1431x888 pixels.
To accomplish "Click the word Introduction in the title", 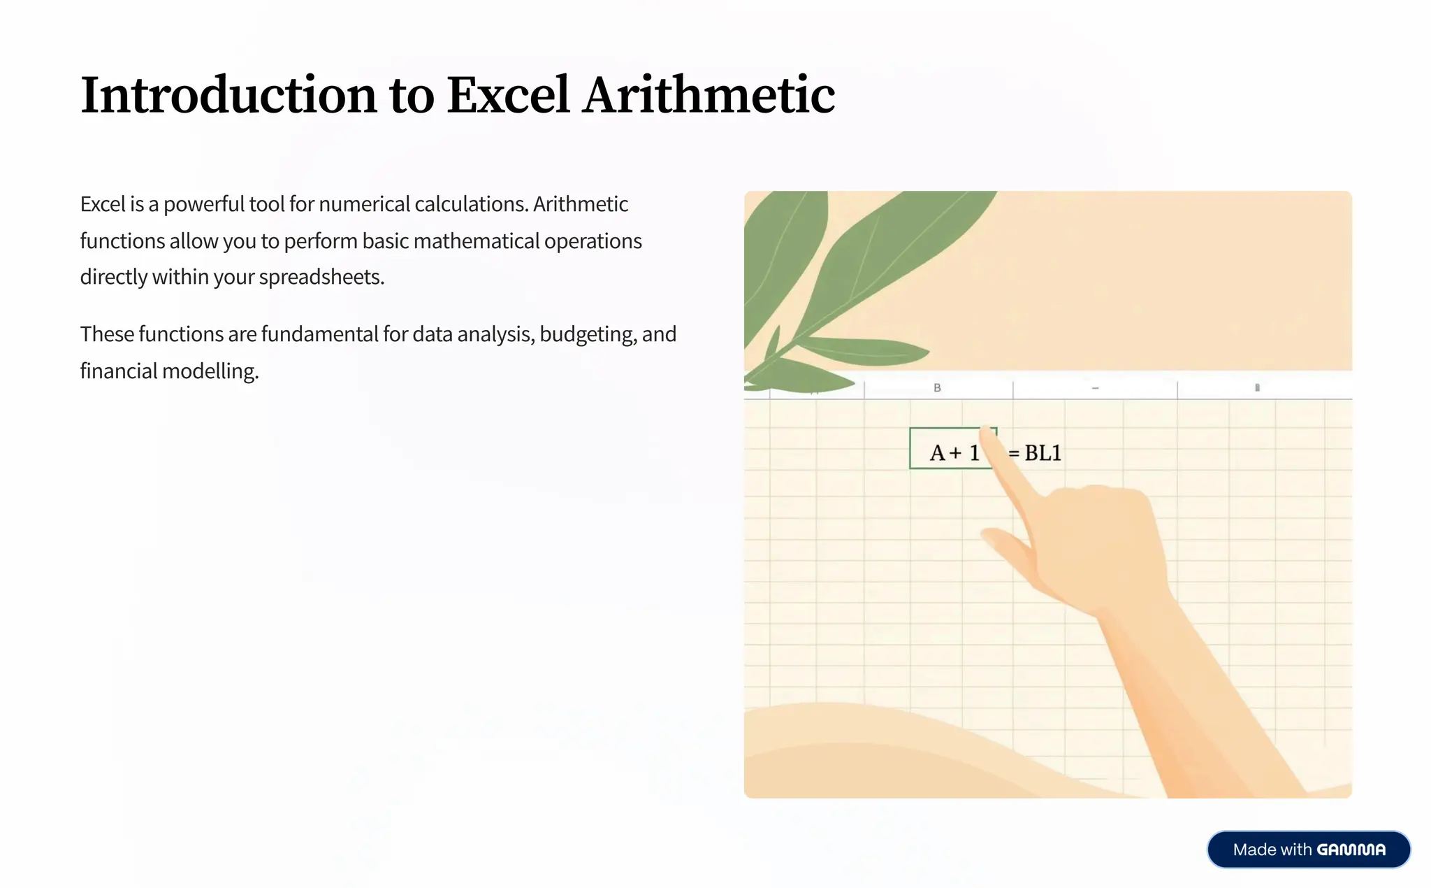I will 228,95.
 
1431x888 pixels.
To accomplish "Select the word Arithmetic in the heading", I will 709,95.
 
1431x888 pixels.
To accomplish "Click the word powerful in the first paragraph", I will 203,204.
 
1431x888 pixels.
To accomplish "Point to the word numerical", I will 364,204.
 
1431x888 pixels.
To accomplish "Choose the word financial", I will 119,371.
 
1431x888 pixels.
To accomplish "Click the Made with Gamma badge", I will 1308,850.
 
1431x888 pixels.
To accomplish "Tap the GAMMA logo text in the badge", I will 1351,850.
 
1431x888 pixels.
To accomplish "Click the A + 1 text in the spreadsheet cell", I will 953,453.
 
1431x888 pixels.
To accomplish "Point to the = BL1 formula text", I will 1036,453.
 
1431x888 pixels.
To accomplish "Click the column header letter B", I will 937,388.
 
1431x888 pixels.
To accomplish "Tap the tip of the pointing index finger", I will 987,434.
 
